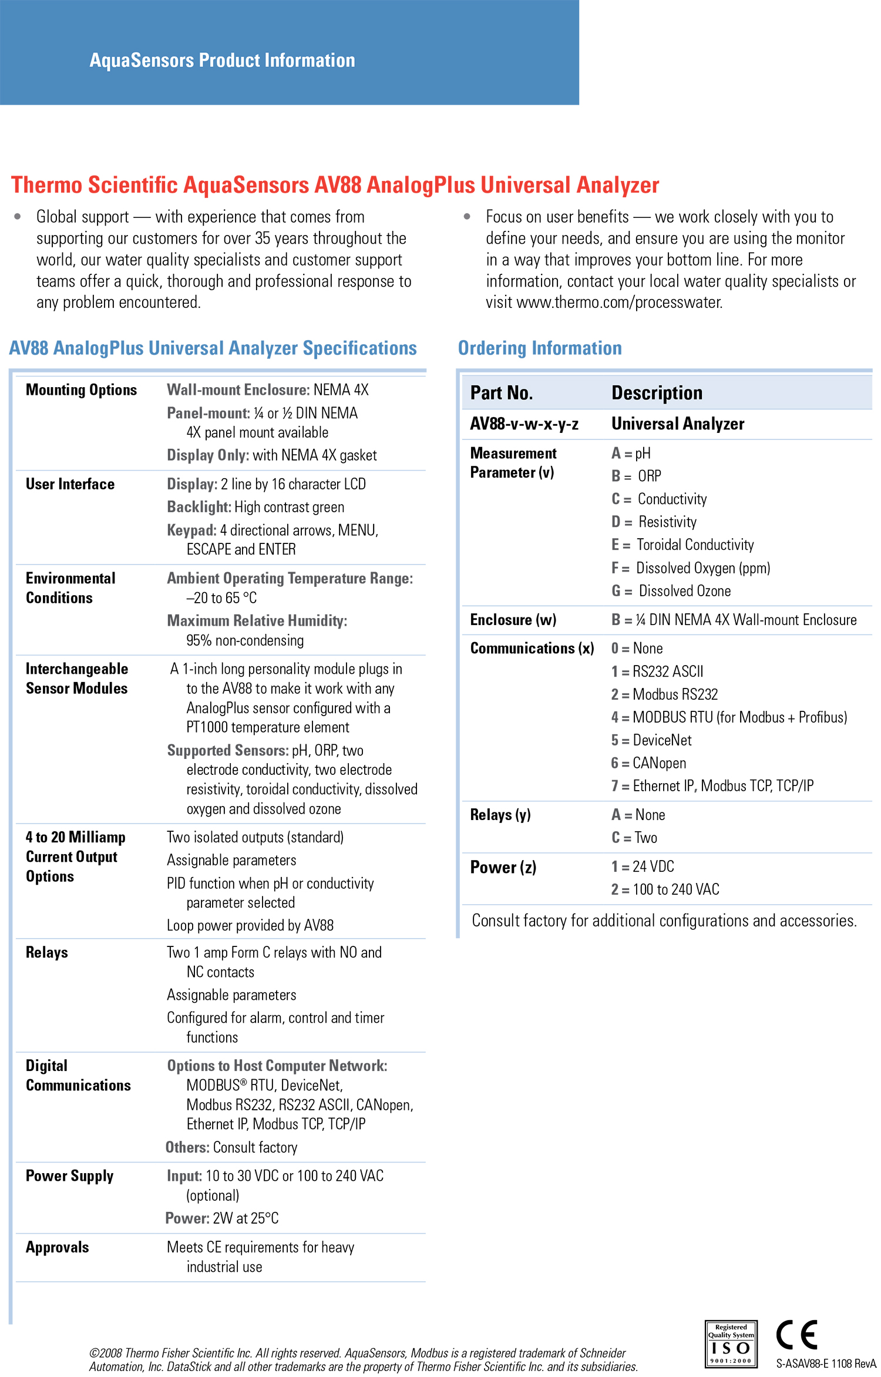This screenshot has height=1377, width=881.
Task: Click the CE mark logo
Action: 796,1335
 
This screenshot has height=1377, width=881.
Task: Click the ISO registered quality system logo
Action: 731,1344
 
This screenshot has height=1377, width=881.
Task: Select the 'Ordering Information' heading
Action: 539,348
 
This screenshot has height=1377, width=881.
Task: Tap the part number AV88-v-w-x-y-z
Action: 524,424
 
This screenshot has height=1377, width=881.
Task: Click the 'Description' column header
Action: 657,392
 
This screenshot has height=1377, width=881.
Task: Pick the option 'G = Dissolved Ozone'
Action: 671,591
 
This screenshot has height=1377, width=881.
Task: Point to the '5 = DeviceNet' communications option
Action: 651,740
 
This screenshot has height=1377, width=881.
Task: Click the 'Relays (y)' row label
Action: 500,815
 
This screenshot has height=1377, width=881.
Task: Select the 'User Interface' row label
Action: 70,484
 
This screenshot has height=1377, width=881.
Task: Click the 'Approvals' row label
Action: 57,1247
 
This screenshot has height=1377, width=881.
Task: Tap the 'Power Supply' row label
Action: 69,1176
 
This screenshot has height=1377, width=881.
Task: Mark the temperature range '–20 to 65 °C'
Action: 221,598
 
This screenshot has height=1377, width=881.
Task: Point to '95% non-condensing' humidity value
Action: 245,640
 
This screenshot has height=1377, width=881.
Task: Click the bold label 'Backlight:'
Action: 199,507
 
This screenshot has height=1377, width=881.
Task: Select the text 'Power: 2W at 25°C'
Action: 222,1218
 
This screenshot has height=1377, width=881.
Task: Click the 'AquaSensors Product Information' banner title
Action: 222,60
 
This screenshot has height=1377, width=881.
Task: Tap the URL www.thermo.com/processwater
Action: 619,303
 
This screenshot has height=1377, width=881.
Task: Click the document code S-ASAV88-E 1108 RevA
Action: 825,1363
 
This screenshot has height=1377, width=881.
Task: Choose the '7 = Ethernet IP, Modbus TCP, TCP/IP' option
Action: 712,786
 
